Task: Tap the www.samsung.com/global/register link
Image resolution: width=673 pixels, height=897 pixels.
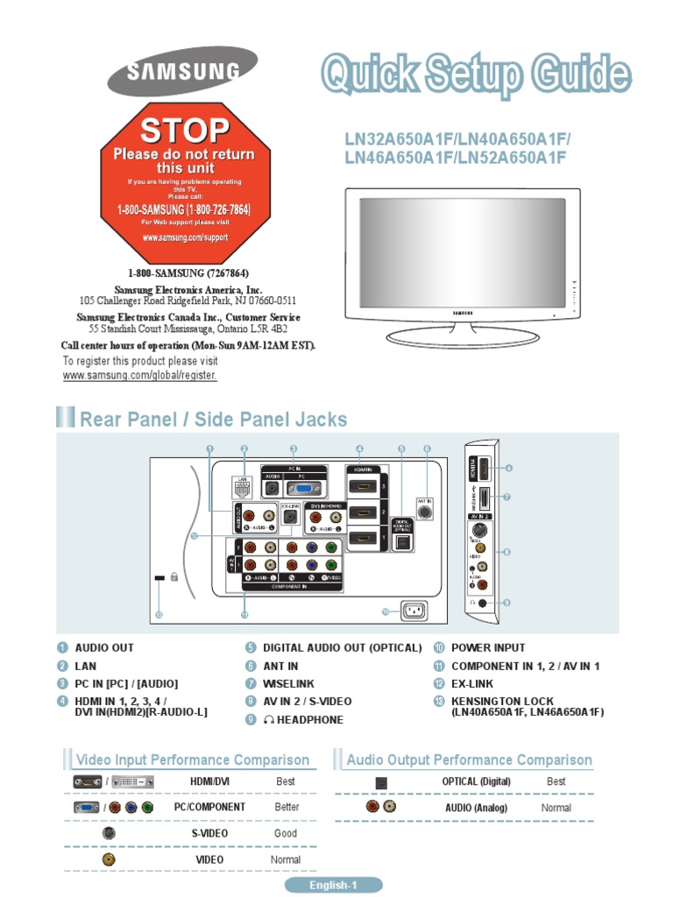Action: coord(139,375)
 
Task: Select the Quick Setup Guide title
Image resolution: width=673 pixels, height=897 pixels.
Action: coord(474,75)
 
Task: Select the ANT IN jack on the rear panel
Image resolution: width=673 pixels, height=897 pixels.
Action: coord(426,509)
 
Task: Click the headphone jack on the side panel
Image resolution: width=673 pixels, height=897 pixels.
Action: coord(481,603)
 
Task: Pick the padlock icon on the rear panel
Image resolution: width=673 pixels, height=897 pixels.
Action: coord(175,578)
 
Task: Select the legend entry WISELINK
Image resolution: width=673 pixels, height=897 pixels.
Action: coord(288,683)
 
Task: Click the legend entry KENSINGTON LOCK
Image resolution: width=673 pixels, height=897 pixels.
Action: coord(502,702)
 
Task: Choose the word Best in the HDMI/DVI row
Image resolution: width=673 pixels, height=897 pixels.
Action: coord(286,781)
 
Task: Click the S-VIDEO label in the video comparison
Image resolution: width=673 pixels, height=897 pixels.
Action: coord(209,834)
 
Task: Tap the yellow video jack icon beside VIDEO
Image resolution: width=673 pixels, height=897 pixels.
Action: coord(109,859)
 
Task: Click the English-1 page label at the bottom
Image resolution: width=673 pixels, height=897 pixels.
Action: coord(334,886)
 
